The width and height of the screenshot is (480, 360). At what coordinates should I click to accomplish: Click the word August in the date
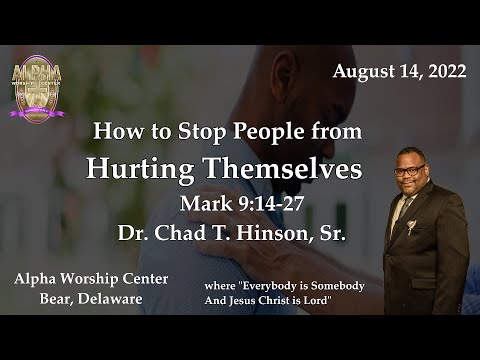pyautogui.click(x=361, y=71)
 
